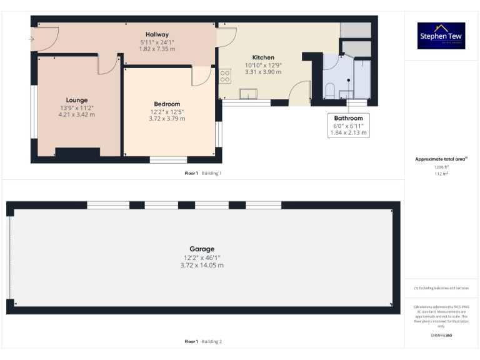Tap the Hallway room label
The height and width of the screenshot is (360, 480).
[157, 34]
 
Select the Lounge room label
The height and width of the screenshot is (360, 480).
[77, 100]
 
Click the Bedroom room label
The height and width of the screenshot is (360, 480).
[167, 104]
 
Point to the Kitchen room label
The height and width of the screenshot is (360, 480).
[263, 57]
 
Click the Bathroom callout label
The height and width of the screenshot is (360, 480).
[348, 118]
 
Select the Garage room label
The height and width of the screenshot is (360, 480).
[202, 249]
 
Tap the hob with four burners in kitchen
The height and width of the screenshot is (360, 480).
[225, 76]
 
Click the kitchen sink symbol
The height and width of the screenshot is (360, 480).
[249, 94]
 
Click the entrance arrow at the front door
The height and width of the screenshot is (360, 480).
[31, 39]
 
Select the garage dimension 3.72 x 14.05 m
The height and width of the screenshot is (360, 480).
[202, 265]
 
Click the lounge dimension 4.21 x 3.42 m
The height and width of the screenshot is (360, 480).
[77, 115]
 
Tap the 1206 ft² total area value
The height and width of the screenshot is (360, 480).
[442, 167]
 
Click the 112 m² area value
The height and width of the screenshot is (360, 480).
[442, 174]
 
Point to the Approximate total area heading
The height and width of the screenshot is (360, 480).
[441, 159]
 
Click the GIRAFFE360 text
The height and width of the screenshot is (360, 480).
[442, 336]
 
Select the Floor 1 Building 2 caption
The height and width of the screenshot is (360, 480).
[203, 342]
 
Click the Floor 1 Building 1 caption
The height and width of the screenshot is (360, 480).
[203, 173]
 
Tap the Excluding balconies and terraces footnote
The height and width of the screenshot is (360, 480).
[441, 288]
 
